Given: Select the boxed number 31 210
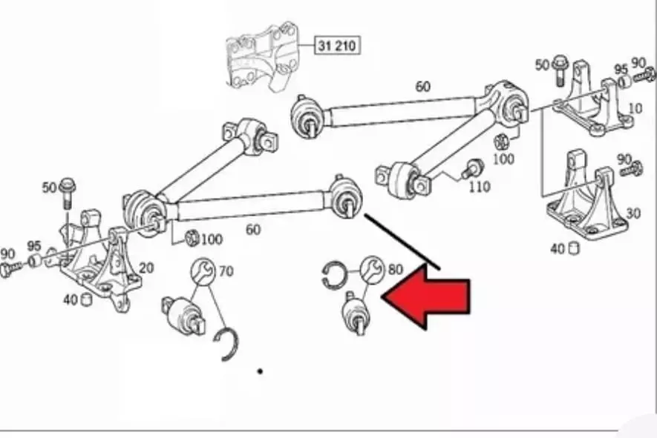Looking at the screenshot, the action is click(x=337, y=45).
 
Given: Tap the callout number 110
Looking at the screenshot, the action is click(x=480, y=187).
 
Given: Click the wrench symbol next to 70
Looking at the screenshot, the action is click(x=203, y=271).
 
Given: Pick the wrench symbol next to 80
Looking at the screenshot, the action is click(x=372, y=268).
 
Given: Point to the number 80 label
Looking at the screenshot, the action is click(x=395, y=270).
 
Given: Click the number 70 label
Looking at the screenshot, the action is click(x=226, y=271).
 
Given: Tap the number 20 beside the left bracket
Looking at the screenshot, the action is click(x=146, y=268).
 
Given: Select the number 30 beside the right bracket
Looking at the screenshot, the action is click(x=633, y=213).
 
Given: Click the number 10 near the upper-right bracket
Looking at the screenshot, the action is click(x=635, y=108).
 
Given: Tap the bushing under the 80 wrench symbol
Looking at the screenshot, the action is click(x=356, y=313).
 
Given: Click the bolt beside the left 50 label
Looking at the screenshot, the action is click(x=68, y=193).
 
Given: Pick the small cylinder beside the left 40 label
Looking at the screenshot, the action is click(x=86, y=299).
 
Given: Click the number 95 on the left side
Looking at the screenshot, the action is click(x=34, y=246).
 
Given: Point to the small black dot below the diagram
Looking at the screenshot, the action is click(x=261, y=371).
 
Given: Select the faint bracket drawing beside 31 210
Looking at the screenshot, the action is click(x=263, y=56).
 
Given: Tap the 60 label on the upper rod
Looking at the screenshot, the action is click(x=422, y=87).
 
